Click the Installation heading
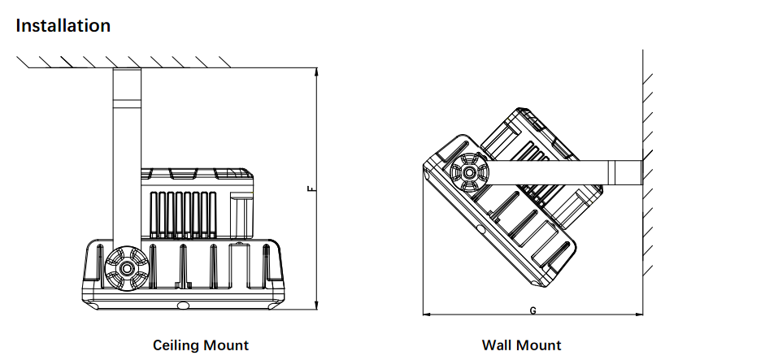coord(63,25)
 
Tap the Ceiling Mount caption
coord(201,345)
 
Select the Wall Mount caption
coord(522,345)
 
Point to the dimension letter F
coord(311,189)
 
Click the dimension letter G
coord(532,310)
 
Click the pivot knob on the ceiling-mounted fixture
coord(127,268)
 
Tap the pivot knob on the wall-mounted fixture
coord(469,172)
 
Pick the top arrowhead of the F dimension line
coord(316,72)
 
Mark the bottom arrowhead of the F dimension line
coord(316,306)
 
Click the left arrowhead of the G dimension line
coord(427,314)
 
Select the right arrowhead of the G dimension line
coord(638,314)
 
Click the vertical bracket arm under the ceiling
coord(127,157)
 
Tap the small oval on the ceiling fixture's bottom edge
coord(184,306)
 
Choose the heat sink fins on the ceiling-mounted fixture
coord(183,215)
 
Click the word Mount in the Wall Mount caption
coord(539,345)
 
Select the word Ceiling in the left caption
coord(176,345)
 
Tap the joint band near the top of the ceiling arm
coord(127,103)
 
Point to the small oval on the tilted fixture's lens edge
coord(481,229)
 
